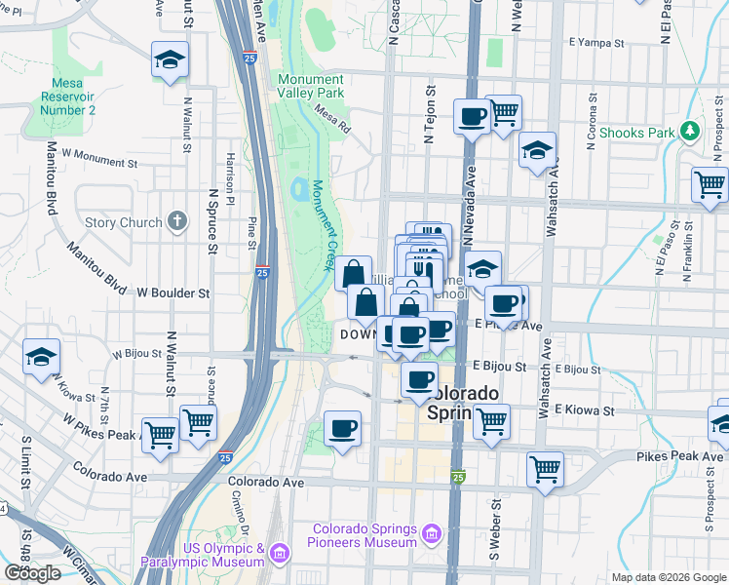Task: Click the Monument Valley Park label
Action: click(311, 86)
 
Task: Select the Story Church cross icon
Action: click(176, 221)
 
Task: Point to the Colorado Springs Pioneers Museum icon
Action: click(430, 535)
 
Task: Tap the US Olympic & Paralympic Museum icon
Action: click(281, 555)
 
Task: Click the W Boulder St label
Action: click(173, 292)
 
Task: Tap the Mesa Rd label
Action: click(332, 118)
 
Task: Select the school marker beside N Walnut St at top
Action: click(170, 61)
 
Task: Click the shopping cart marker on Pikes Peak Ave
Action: click(545, 469)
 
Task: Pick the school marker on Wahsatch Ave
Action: click(536, 151)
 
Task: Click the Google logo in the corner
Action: click(32, 573)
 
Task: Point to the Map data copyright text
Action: click(669, 577)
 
